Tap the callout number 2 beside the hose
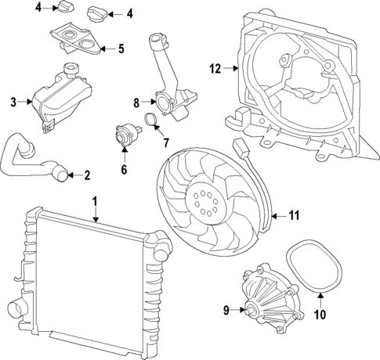coord(88,175)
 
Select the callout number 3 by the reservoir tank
coord(13,102)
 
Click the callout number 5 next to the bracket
coord(121,49)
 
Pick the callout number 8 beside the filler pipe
coord(137,102)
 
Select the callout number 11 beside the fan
coord(294,214)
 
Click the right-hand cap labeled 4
coord(98,13)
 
